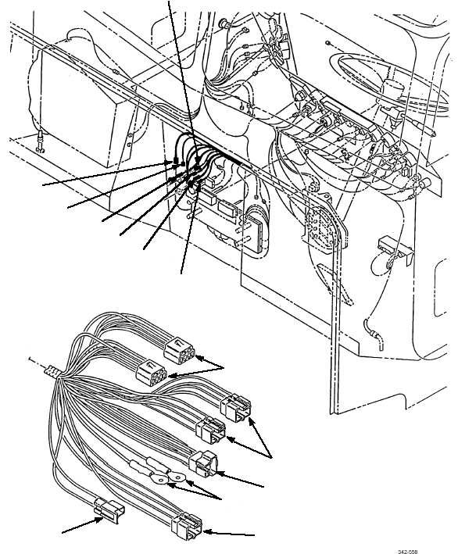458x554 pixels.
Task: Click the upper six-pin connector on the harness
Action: (179, 351)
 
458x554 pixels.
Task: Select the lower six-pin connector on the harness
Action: (152, 373)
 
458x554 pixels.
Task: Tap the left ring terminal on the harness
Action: (159, 478)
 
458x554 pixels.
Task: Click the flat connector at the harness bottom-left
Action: (109, 511)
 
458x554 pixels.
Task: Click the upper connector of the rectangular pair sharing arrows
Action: (235, 408)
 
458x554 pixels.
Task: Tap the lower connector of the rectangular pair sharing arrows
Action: (211, 430)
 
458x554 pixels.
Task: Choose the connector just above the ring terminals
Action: (203, 464)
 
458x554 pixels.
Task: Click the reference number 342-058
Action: (407, 552)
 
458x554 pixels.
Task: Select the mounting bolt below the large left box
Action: (41, 141)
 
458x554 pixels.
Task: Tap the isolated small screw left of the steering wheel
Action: (327, 43)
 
